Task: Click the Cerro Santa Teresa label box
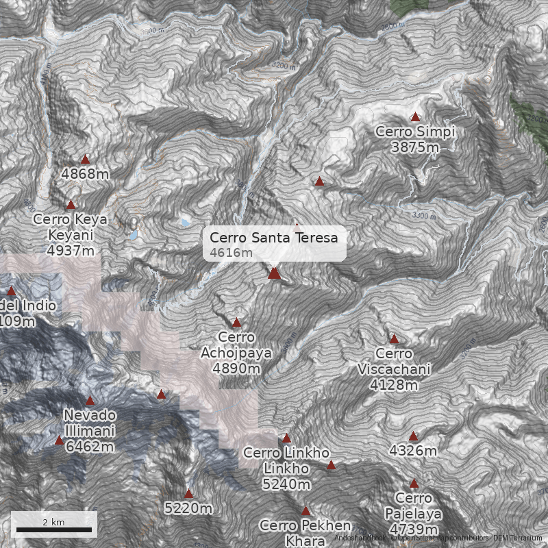(274, 243)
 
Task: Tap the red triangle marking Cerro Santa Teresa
(274, 273)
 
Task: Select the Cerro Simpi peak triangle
(415, 117)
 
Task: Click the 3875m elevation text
(414, 147)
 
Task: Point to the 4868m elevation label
(85, 174)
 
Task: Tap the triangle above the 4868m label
(85, 160)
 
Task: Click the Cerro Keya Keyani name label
(71, 227)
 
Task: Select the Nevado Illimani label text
(89, 423)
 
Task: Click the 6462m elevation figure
(89, 447)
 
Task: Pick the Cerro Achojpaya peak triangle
(237, 323)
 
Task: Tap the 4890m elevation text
(236, 369)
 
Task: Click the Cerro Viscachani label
(394, 362)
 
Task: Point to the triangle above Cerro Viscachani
(394, 339)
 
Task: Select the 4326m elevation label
(412, 451)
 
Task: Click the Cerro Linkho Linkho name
(286, 461)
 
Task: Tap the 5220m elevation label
(188, 508)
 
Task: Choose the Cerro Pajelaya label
(414, 506)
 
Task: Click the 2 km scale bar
(54, 529)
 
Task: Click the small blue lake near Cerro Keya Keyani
(185, 223)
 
